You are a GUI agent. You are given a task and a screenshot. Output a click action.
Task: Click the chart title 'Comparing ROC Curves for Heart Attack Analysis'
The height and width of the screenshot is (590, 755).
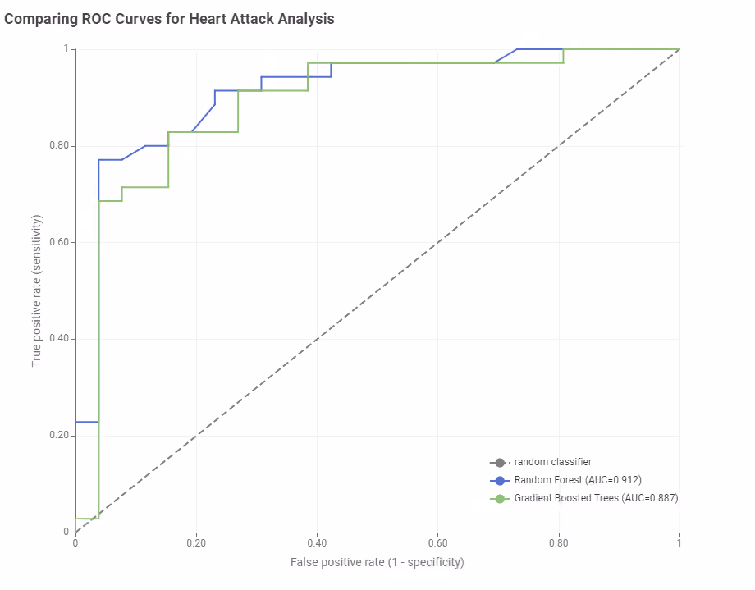(169, 19)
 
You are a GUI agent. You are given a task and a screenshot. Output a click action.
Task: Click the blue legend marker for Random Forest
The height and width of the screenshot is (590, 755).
(500, 481)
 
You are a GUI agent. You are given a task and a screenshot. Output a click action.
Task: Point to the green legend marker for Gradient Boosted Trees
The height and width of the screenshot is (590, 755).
(500, 498)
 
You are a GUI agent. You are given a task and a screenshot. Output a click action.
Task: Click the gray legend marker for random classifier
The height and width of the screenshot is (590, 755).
(500, 463)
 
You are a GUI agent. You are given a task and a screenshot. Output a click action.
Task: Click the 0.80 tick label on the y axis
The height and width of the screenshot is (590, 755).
(59, 145)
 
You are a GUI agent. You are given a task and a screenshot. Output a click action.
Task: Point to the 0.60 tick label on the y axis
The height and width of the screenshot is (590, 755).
(59, 242)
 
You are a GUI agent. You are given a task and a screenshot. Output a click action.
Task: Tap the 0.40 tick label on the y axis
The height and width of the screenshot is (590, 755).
(59, 339)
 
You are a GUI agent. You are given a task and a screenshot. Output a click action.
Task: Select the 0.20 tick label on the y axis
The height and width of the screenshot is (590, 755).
(59, 435)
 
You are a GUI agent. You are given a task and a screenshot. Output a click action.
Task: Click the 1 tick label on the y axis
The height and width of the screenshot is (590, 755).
(66, 48)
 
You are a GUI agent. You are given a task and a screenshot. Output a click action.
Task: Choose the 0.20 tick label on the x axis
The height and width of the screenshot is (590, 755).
(196, 543)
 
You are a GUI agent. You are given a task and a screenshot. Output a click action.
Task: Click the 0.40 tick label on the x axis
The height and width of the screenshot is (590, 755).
(317, 543)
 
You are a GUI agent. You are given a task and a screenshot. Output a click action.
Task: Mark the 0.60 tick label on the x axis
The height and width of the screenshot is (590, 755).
(437, 543)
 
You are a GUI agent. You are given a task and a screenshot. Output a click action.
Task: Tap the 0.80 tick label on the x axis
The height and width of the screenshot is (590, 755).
(559, 543)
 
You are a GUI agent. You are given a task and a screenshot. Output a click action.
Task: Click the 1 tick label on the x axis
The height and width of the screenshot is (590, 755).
(679, 543)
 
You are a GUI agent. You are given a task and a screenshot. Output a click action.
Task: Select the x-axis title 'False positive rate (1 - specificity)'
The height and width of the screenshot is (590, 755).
(377, 563)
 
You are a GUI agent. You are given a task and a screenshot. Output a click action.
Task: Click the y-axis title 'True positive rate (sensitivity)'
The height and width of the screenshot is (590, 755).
(37, 290)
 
